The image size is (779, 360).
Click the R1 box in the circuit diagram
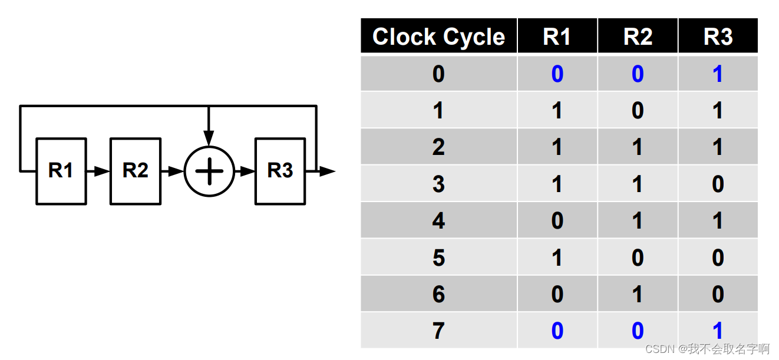coord(61,171)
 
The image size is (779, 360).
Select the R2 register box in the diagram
coord(135,171)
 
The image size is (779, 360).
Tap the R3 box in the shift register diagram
coord(280,171)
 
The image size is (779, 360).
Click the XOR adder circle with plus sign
coord(209,171)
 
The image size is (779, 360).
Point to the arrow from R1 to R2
coord(98,171)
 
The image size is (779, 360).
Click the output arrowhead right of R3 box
coord(327,171)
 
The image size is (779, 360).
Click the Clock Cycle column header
coord(438,37)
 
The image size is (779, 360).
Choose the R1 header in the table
coord(557,37)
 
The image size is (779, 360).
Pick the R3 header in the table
coord(718,37)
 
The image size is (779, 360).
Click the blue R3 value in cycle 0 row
coord(718,74)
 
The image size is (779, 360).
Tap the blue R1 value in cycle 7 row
coord(557,331)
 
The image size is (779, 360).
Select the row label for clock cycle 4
coord(438,221)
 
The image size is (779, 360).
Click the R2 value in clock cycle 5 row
coord(638,257)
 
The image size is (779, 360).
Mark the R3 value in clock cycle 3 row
coord(718,184)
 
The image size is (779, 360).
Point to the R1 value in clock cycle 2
coord(557,147)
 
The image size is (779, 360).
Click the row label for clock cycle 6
coord(438,294)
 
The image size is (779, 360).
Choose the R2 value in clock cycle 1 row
coord(638,111)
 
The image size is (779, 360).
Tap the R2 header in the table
coord(638,37)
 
